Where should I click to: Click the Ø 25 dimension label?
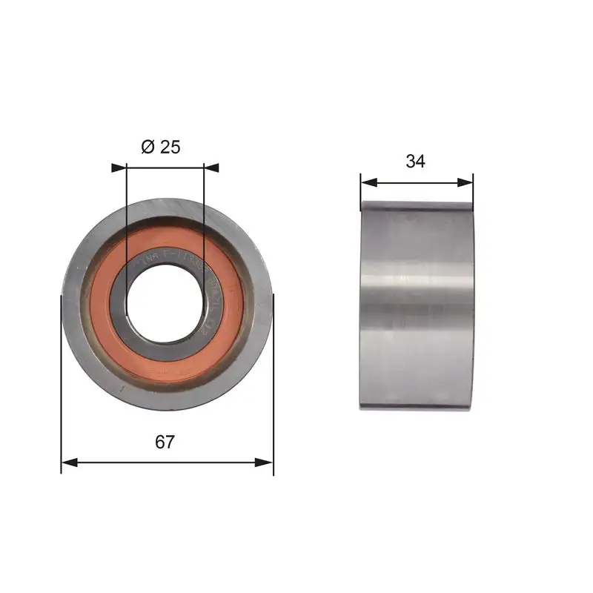(160, 147)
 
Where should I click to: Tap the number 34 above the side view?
(416, 162)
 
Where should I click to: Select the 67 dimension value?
(165, 442)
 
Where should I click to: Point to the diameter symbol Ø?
(146, 147)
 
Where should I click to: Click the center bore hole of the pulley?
(165, 304)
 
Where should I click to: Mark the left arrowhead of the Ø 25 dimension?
(119, 168)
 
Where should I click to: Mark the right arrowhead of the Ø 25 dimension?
(211, 168)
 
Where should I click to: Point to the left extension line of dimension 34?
(360, 189)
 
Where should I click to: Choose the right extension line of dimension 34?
(473, 189)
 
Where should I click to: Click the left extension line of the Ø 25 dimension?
(127, 222)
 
